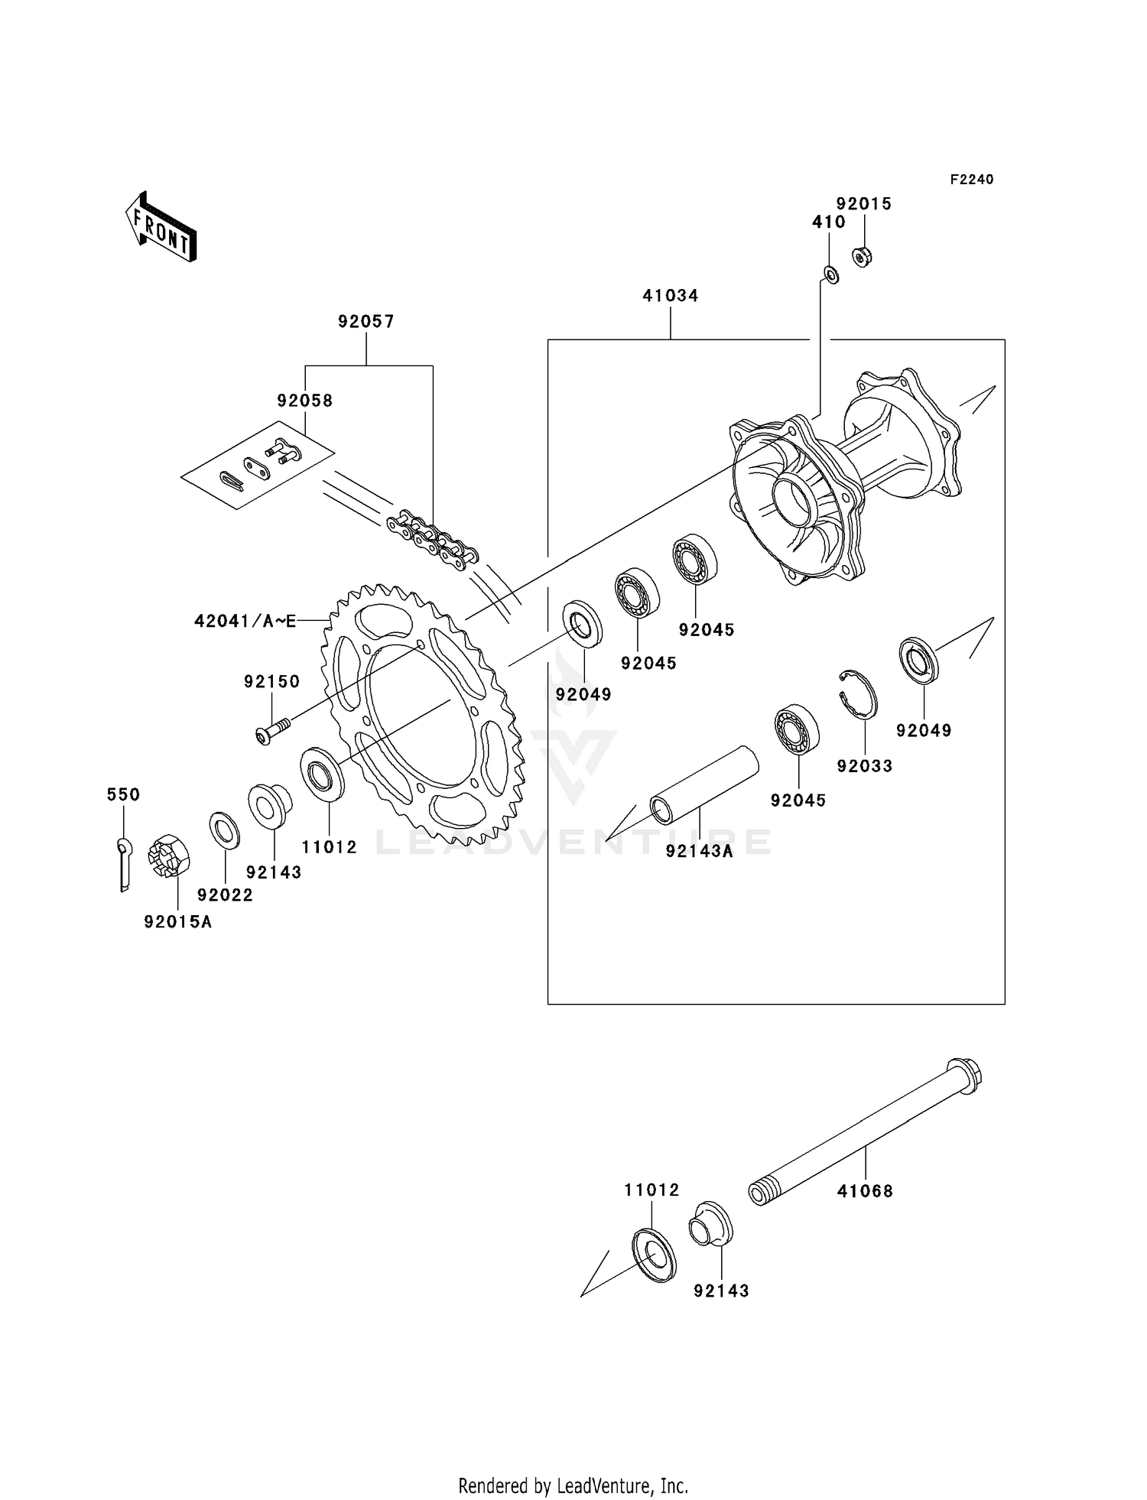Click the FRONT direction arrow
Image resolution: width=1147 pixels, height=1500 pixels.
[161, 227]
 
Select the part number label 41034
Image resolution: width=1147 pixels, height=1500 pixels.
[670, 296]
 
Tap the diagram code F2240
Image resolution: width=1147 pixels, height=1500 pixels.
[971, 180]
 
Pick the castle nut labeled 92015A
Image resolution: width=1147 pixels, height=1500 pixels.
[170, 856]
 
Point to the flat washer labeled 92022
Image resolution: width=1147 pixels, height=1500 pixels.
[224, 830]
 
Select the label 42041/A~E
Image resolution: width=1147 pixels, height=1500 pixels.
[245, 622]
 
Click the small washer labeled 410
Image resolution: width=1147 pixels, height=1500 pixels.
[831, 273]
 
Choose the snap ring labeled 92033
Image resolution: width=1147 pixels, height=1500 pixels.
[858, 694]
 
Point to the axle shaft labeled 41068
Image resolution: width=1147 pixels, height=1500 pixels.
[864, 1131]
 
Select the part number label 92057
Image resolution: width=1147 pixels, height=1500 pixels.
[366, 322]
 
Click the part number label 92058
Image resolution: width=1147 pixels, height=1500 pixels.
[304, 401]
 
